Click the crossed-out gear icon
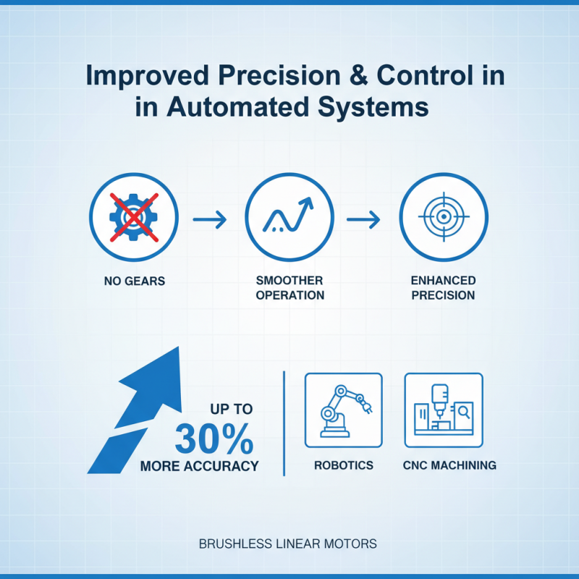pos(133,217)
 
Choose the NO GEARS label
pos(135,280)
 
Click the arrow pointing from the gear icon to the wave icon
pos(210,217)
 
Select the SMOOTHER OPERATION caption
pos(289,287)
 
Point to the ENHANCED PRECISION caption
pos(443,287)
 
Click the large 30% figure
pos(214,439)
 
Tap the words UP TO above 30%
pos(232,410)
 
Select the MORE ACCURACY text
pos(199,467)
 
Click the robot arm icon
pos(343,409)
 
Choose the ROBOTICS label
pos(344,465)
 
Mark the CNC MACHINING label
pos(449,465)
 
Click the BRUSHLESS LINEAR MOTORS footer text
pos(288,544)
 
